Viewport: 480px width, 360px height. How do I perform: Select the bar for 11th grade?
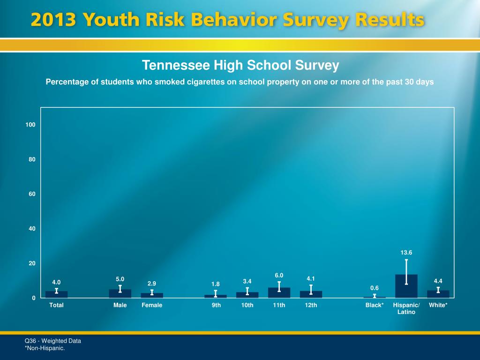pyautogui.click(x=279, y=293)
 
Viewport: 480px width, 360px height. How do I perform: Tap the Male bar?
pyautogui.click(x=120, y=294)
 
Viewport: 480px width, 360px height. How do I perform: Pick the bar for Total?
pyautogui.click(x=56, y=295)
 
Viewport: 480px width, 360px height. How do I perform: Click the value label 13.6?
pyautogui.click(x=406, y=253)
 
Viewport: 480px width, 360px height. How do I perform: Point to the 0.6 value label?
pyautogui.click(x=374, y=288)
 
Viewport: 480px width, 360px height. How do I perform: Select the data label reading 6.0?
pyautogui.click(x=279, y=275)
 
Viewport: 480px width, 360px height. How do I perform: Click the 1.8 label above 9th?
pyautogui.click(x=216, y=284)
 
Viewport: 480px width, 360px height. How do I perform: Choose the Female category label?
pyautogui.click(x=152, y=305)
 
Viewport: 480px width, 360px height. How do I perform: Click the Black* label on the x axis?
pyautogui.click(x=375, y=305)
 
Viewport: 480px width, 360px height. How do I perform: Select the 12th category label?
pyautogui.click(x=311, y=305)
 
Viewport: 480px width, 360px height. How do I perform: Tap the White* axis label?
pyautogui.click(x=438, y=305)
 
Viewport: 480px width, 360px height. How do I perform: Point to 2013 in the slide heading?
pyautogui.click(x=52, y=21)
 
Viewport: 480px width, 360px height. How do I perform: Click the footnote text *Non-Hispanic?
pyautogui.click(x=45, y=348)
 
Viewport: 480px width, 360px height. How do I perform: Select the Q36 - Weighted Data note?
pyautogui.click(x=53, y=341)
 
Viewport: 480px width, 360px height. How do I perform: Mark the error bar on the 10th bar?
pyautogui.click(x=247, y=291)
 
